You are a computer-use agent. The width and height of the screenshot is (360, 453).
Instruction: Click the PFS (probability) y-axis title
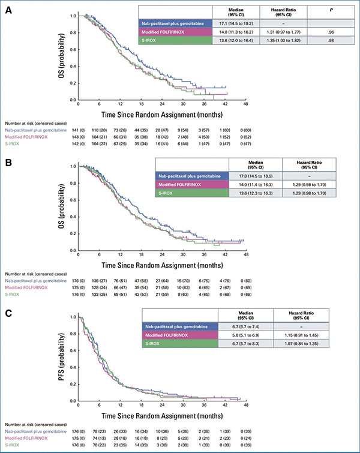pyautogui.click(x=65, y=358)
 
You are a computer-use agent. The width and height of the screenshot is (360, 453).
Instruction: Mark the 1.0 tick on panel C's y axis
pyautogui.click(x=73, y=316)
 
